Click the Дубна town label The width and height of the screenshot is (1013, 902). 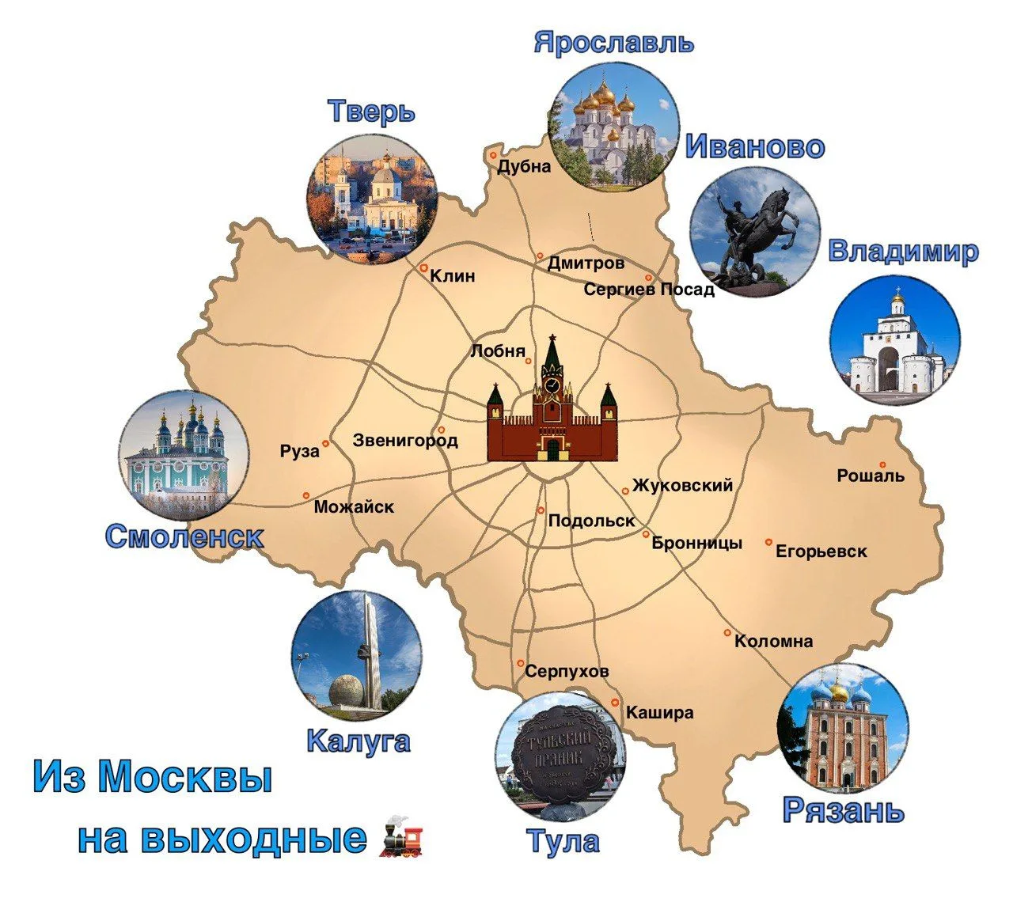[524, 167]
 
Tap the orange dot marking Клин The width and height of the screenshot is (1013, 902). [424, 267]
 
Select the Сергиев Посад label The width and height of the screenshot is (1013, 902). [649, 290]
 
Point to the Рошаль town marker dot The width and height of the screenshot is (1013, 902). [882, 465]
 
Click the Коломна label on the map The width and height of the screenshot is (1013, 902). [773, 641]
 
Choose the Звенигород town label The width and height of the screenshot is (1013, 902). [405, 440]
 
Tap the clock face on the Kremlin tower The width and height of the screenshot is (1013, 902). [552, 385]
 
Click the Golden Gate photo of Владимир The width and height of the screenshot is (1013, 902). [895, 339]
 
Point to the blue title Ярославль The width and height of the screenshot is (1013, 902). [614, 43]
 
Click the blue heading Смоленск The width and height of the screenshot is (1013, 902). [184, 536]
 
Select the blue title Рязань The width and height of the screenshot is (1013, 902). [843, 810]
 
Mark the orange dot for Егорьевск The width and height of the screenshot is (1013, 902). [768, 542]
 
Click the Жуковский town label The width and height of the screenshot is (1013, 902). [682, 485]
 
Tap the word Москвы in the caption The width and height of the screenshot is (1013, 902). [184, 777]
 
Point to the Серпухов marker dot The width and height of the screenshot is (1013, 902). [521, 663]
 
